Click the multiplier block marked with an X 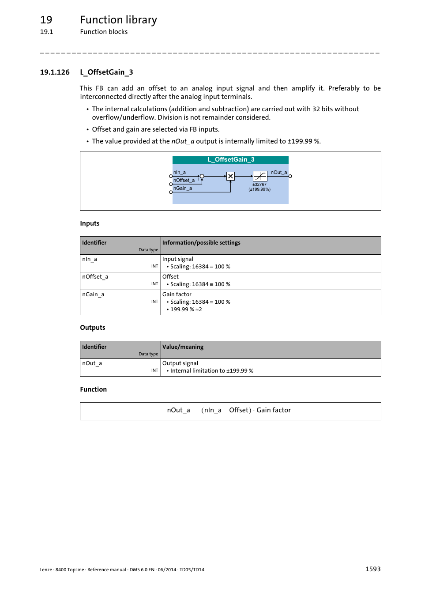(230, 176)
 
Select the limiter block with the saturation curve (260, 176)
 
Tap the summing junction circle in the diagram (202, 176)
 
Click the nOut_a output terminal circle (290, 176)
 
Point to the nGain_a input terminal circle (171, 192)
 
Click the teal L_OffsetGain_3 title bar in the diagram (230, 160)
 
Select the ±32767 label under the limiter (259, 185)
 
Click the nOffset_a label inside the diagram (184, 180)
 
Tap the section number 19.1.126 (55, 72)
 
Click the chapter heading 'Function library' (118, 20)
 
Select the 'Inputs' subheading (90, 223)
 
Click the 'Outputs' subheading (93, 328)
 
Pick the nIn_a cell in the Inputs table (90, 259)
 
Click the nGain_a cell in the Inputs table (93, 294)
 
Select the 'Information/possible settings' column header (201, 243)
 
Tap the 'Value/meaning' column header (183, 347)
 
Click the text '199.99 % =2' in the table (186, 309)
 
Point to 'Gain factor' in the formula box (274, 410)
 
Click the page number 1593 (372, 569)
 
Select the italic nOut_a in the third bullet (183, 141)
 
